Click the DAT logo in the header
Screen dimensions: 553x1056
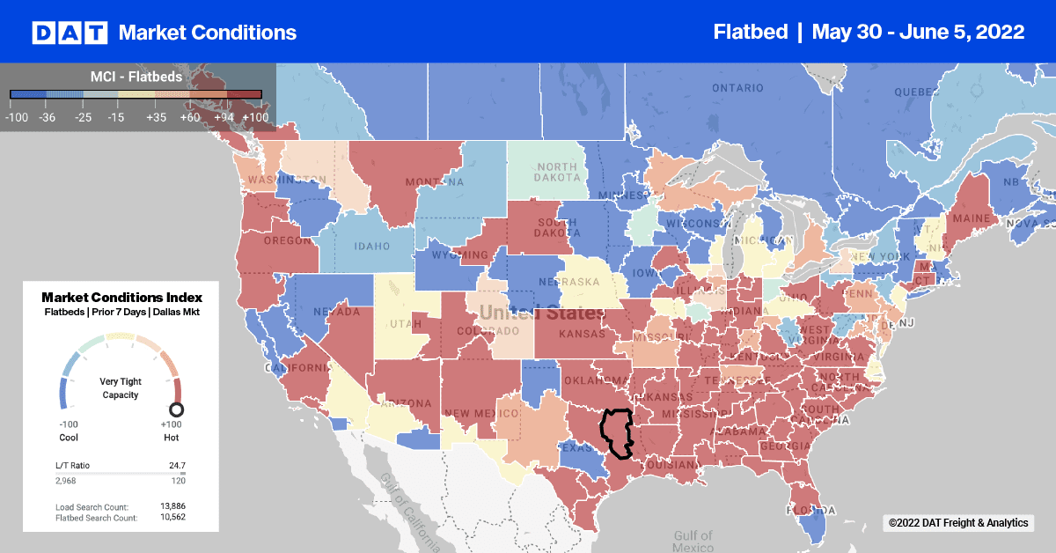point(70,33)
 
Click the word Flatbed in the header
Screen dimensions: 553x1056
point(752,32)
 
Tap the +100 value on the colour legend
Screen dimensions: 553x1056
point(255,117)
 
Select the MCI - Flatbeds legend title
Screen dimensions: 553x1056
point(136,77)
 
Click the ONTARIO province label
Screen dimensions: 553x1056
point(737,88)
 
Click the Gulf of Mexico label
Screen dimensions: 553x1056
point(693,541)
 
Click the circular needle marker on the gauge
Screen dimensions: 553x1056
point(176,409)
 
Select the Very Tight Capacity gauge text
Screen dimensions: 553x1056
point(121,387)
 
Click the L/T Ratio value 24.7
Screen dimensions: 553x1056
point(174,464)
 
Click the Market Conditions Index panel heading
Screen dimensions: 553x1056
point(121,298)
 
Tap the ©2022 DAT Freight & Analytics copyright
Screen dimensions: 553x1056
point(957,523)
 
